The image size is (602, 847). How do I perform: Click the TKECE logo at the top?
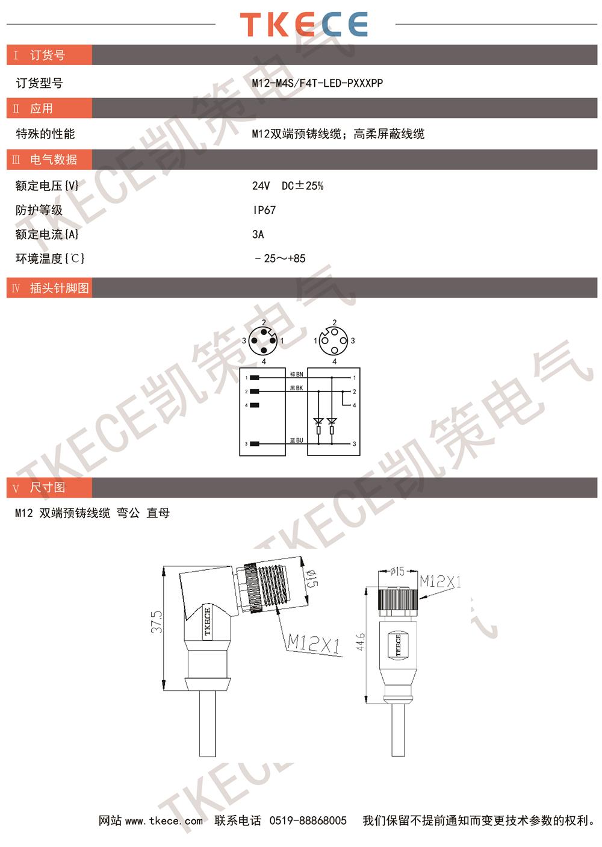pyautogui.click(x=303, y=24)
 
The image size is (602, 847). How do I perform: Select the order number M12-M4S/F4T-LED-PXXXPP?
pyautogui.click(x=317, y=83)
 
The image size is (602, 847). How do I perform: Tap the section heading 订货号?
pyautogui.click(x=47, y=55)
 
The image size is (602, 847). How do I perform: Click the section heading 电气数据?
pyautogui.click(x=54, y=160)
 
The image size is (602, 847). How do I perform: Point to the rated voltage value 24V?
pyautogui.click(x=261, y=186)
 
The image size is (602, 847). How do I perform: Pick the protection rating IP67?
pyautogui.click(x=264, y=210)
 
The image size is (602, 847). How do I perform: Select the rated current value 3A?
pyautogui.click(x=258, y=234)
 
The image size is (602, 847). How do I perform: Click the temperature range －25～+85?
pyautogui.click(x=280, y=258)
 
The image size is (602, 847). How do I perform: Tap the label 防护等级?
pyautogui.click(x=39, y=210)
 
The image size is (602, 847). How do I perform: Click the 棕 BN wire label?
pyautogui.click(x=296, y=374)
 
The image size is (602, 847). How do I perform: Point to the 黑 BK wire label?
pyautogui.click(x=296, y=388)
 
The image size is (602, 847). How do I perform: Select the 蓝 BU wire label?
pyautogui.click(x=296, y=440)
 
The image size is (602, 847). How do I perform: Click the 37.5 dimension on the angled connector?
pyautogui.click(x=157, y=622)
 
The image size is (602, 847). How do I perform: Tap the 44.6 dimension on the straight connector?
pyautogui.click(x=360, y=642)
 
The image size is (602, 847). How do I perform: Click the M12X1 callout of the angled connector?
pyautogui.click(x=314, y=643)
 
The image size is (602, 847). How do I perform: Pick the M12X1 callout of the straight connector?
pyautogui.click(x=441, y=581)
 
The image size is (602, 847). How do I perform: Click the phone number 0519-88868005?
pyautogui.click(x=308, y=820)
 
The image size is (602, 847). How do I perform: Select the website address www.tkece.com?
pyautogui.click(x=164, y=821)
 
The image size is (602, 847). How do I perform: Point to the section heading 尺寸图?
pyautogui.click(x=47, y=487)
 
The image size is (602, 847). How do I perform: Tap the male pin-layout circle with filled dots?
pyautogui.click(x=264, y=341)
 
